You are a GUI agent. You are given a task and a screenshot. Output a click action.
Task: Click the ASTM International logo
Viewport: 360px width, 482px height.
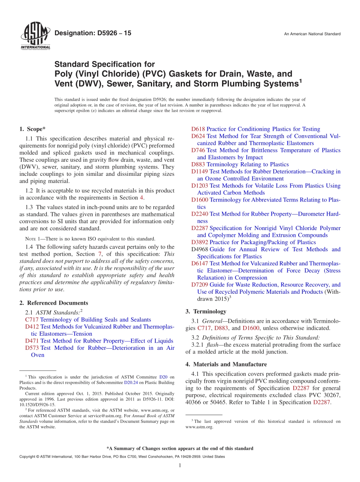point(35,36)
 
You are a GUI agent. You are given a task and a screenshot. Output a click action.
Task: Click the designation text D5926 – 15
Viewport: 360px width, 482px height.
point(93,33)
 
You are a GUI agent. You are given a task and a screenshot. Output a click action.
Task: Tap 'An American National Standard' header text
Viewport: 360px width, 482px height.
point(312,34)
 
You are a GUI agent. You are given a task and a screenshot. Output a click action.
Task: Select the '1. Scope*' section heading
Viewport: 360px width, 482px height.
point(33,129)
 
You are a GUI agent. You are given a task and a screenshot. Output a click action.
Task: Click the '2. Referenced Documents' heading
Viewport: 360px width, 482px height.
point(53,303)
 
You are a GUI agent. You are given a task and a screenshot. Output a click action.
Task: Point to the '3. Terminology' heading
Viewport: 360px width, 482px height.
point(206,311)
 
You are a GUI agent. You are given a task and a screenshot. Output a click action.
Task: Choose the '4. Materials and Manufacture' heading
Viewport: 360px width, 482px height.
point(226,364)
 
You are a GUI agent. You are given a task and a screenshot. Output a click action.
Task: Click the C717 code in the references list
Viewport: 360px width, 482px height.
point(31,320)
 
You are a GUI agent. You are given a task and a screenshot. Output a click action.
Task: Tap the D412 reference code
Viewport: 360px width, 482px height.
point(32,327)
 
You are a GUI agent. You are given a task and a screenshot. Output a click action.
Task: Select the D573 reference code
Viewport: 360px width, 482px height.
point(32,348)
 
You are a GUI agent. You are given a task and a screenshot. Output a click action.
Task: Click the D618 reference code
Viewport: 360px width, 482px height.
point(198,129)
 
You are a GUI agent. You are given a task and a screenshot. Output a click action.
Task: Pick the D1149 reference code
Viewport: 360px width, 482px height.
point(200,172)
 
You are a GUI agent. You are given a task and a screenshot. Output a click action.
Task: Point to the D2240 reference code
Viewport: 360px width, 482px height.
point(200,214)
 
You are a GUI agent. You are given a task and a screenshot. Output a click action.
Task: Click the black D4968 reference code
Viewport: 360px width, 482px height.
point(200,249)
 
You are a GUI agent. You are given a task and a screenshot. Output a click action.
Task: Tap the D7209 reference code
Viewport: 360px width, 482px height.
point(200,285)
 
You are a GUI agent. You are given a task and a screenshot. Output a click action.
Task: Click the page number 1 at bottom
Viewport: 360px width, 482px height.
point(180,465)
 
